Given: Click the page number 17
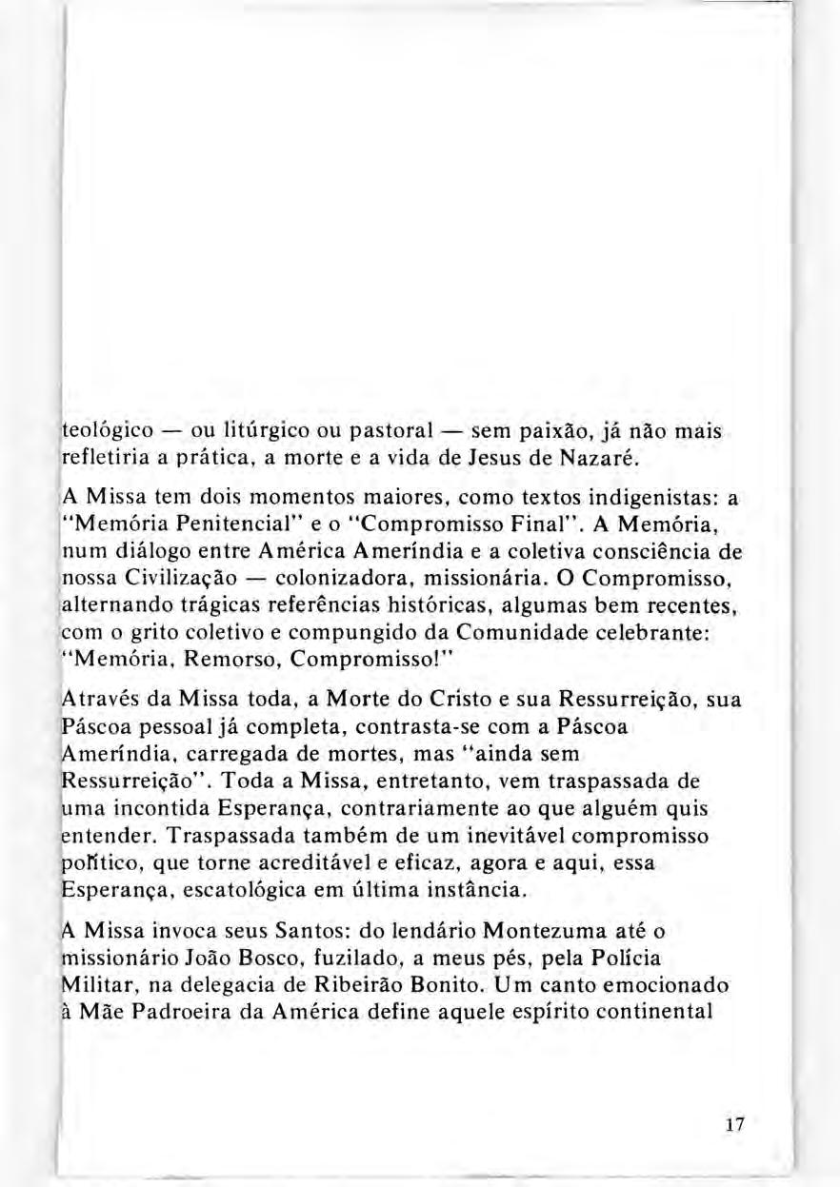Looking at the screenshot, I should [x=733, y=1124].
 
